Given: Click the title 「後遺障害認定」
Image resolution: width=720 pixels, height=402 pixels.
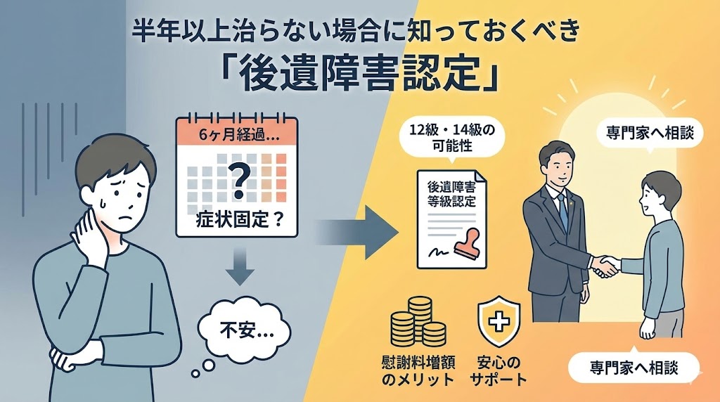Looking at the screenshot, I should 360,74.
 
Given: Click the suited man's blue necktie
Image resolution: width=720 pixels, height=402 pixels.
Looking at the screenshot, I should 562,207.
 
